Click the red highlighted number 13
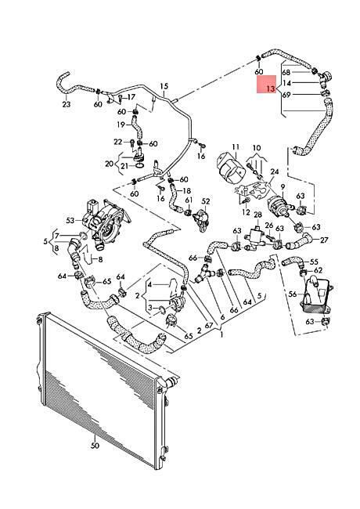(271, 88)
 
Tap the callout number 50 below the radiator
(95, 446)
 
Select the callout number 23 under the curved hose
(67, 104)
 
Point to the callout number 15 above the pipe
(164, 86)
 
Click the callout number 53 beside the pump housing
(70, 220)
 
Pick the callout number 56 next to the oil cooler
(293, 294)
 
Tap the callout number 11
(236, 146)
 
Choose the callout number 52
(206, 201)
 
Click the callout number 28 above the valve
(257, 215)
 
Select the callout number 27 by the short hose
(324, 240)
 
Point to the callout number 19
(121, 125)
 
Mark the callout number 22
(117, 142)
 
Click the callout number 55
(314, 262)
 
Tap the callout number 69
(286, 95)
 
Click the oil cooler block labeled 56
(316, 294)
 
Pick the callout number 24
(275, 171)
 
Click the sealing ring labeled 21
(139, 166)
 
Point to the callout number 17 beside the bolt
(131, 97)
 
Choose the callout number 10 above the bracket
(257, 148)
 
